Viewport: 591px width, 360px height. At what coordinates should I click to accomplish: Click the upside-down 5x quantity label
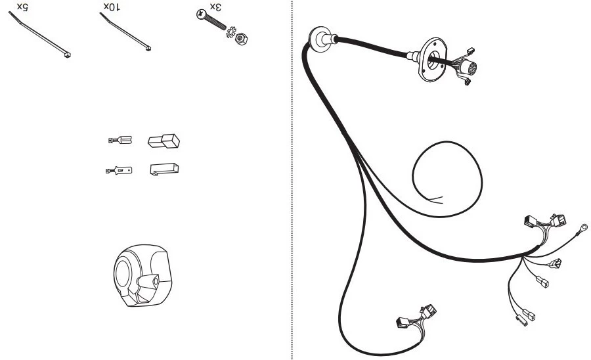(x=22, y=7)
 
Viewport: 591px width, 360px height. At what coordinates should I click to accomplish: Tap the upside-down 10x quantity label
(x=112, y=7)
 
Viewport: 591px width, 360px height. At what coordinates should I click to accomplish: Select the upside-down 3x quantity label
(x=215, y=7)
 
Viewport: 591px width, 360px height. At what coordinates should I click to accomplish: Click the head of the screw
(x=201, y=14)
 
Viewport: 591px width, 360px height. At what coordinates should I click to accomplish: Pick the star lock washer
(x=230, y=32)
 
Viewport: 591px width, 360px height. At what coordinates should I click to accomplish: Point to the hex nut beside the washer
(x=241, y=39)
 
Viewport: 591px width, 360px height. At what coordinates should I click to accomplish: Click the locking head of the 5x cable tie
(x=68, y=55)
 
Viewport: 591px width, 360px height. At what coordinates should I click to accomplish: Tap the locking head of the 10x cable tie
(x=148, y=48)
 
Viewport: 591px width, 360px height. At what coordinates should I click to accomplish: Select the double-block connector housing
(x=164, y=141)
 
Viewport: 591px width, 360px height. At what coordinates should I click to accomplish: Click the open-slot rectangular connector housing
(x=164, y=169)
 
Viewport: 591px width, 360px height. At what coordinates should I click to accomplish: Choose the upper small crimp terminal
(x=120, y=140)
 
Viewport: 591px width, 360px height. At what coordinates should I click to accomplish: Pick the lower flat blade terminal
(x=119, y=171)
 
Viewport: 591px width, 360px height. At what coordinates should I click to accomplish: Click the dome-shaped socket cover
(x=142, y=275)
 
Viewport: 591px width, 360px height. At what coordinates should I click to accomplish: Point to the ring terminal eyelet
(x=583, y=228)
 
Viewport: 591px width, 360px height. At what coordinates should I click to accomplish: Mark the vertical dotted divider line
(x=292, y=180)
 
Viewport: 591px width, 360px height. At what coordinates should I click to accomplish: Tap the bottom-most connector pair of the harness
(x=416, y=317)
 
